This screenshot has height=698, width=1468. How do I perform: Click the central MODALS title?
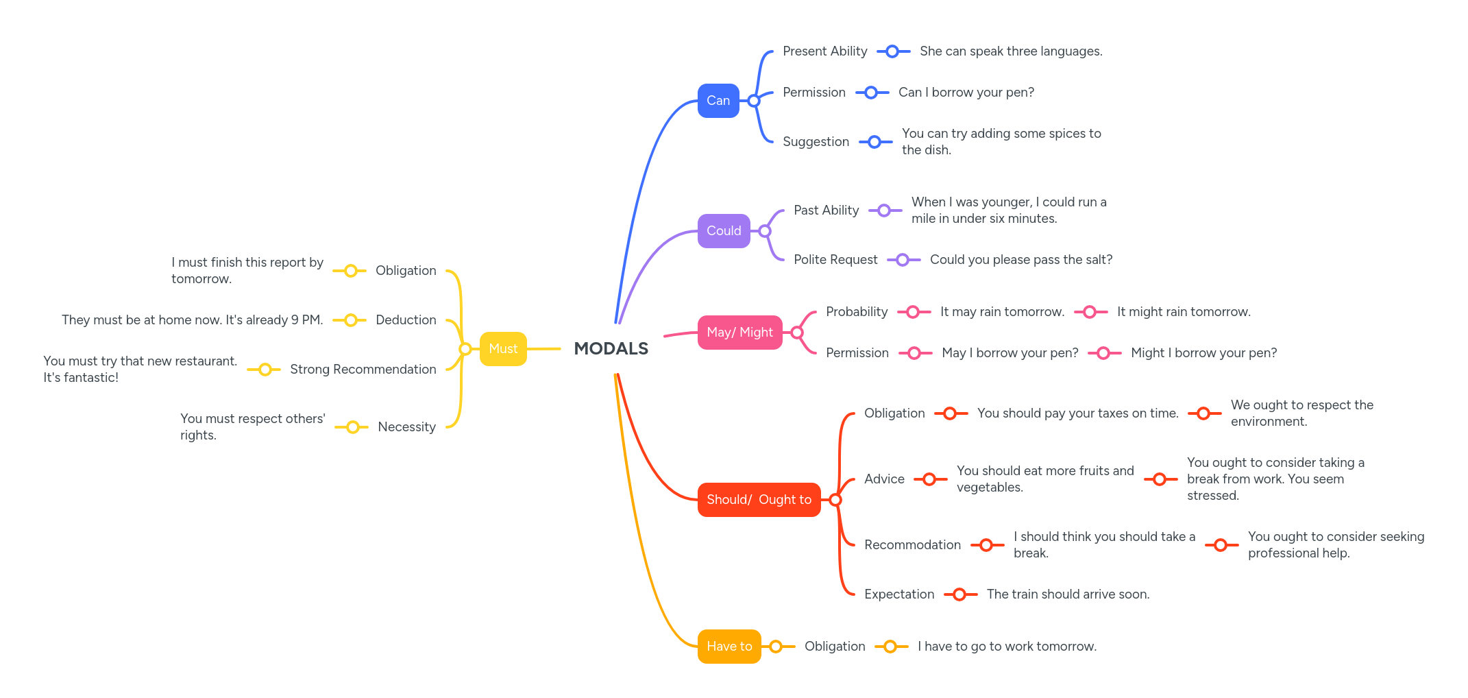click(x=611, y=348)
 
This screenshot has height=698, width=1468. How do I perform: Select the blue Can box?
click(x=718, y=101)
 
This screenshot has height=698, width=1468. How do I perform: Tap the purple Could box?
click(x=723, y=231)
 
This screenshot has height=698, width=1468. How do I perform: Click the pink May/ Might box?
click(x=739, y=333)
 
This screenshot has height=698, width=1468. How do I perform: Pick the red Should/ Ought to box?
click(x=758, y=500)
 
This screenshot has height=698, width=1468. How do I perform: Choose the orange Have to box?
click(x=729, y=647)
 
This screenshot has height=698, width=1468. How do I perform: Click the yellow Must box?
click(x=503, y=349)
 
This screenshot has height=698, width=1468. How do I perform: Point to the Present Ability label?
click(x=824, y=51)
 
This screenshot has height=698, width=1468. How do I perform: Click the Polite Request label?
click(x=835, y=260)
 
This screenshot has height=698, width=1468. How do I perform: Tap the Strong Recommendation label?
click(x=363, y=370)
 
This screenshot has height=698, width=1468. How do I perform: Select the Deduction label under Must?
click(x=406, y=320)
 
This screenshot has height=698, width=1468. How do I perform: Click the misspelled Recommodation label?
click(x=912, y=545)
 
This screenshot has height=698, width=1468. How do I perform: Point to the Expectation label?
click(x=898, y=594)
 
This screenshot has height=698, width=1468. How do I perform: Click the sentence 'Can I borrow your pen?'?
click(x=966, y=93)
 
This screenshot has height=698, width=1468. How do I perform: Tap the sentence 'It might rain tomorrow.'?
click(x=1183, y=312)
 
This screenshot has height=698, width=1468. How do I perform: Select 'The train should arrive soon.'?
click(x=1067, y=594)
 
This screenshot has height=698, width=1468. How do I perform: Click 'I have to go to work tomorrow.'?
click(x=1006, y=647)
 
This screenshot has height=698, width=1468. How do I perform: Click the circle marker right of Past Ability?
click(x=884, y=210)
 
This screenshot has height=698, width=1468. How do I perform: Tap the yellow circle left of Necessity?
click(x=352, y=427)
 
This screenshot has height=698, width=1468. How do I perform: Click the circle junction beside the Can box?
click(x=753, y=101)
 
